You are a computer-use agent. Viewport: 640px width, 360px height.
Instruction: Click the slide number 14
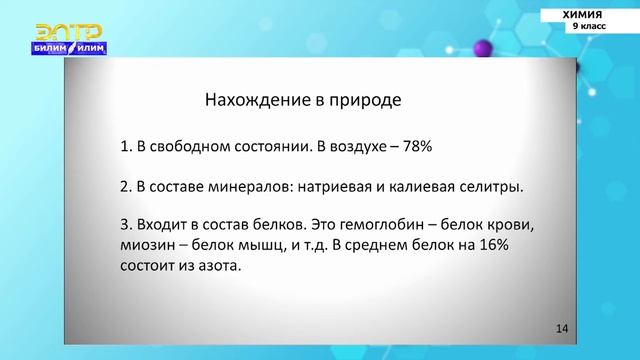pos(561,328)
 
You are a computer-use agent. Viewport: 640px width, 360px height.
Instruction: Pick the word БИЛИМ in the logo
pos(47,48)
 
